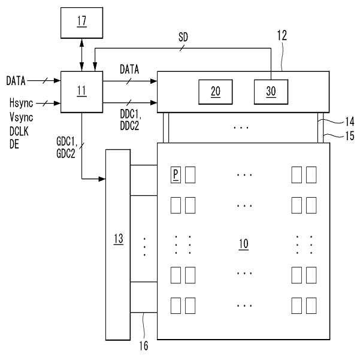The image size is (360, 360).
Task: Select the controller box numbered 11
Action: pos(82,91)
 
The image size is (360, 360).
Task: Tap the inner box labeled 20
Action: pos(216,91)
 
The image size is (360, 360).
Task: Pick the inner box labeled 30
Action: pos(271,91)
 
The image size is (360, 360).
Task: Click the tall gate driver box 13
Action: pos(118,239)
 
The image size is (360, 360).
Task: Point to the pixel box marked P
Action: pos(176,175)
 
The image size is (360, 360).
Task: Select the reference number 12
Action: pos(282,36)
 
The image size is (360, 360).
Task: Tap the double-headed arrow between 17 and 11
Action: pos(82,57)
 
